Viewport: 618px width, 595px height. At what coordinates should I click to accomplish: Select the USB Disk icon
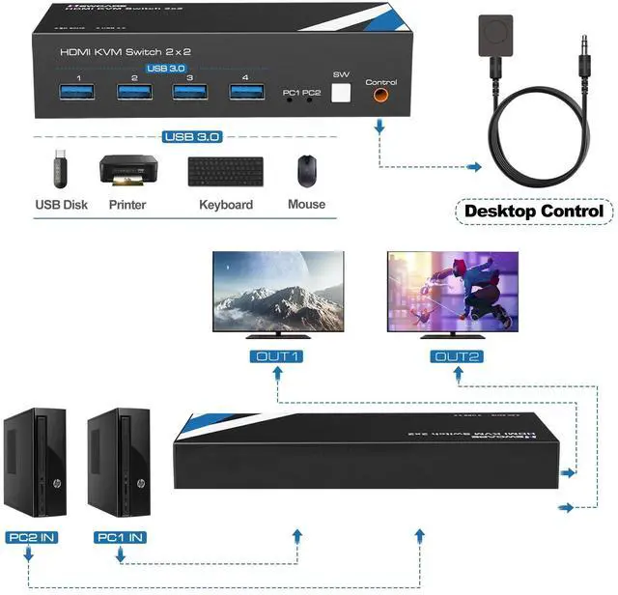61,171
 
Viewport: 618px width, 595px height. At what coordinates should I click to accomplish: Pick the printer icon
128,171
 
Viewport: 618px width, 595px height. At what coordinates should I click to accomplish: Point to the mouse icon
306,171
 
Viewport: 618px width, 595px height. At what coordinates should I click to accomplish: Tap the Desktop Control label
534,211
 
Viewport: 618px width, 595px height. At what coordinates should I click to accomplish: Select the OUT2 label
457,357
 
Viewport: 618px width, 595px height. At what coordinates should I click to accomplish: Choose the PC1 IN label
120,537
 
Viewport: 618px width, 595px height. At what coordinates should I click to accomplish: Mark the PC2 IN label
31,537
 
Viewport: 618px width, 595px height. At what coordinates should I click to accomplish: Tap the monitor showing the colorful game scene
452,292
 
